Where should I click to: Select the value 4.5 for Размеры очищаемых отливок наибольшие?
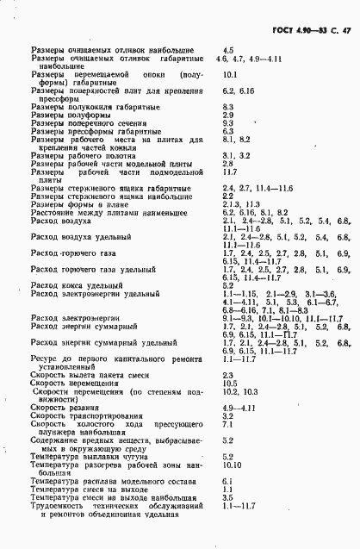click(228, 51)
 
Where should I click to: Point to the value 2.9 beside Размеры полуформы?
click(228, 114)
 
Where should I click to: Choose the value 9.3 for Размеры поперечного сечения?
click(228, 122)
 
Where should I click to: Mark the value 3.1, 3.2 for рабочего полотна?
click(235, 154)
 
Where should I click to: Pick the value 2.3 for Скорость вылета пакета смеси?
click(228, 351)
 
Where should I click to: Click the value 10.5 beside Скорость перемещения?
click(230, 359)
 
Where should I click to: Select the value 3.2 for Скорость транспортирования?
click(228, 391)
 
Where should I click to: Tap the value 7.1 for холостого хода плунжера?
click(228, 400)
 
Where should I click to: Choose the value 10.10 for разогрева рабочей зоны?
click(232, 440)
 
